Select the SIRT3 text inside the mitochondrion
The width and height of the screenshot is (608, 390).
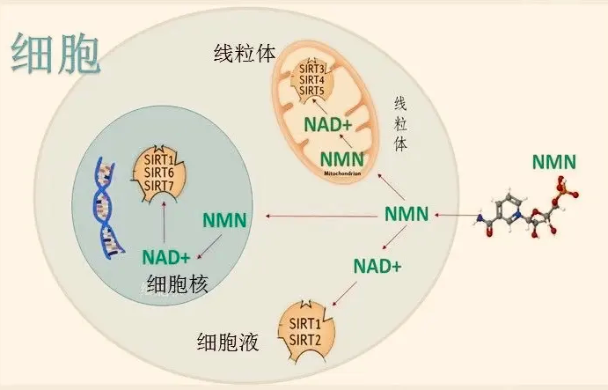313,68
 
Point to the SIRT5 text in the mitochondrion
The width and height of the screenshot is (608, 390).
313,91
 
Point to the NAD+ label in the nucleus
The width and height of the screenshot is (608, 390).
166,258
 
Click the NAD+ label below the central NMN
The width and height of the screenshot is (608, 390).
377,265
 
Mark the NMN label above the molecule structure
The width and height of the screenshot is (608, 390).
554,162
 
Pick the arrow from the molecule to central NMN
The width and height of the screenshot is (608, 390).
452,215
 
